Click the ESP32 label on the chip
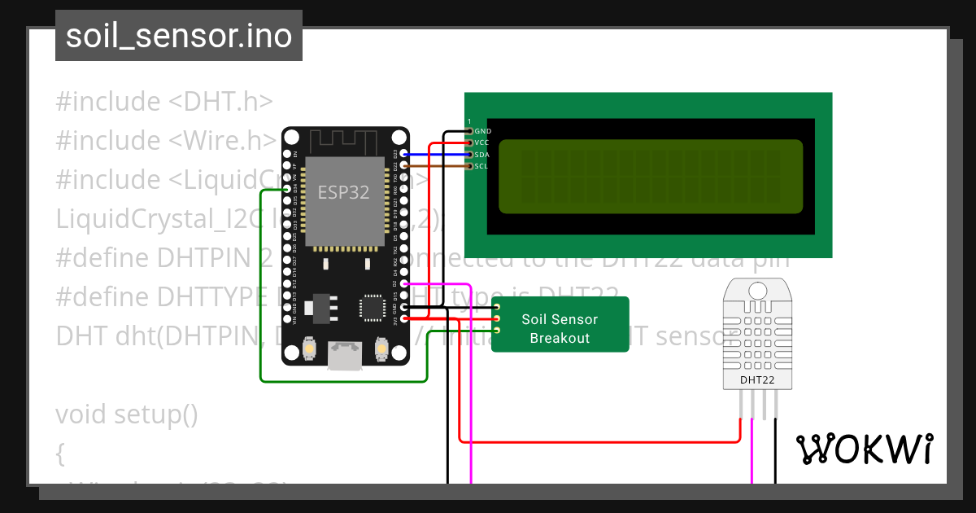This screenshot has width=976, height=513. coord(343,193)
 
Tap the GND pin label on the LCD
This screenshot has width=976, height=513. coord(482,131)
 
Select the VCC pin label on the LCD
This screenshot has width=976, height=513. coord(482,142)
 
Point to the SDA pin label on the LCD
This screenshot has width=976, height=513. coord(482,155)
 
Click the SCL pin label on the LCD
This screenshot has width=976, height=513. coord(481,166)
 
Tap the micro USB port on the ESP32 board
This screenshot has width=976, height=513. coord(345,355)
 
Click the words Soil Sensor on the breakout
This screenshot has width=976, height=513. coord(560,320)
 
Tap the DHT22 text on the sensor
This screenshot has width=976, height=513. coord(757,379)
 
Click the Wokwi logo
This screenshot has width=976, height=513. coord(864,449)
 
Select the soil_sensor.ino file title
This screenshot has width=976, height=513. coord(178,36)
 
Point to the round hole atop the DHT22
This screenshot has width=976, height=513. coord(757,290)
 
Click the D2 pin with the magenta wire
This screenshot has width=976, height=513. coord(404,283)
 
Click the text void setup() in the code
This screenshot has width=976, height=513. coord(126,414)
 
